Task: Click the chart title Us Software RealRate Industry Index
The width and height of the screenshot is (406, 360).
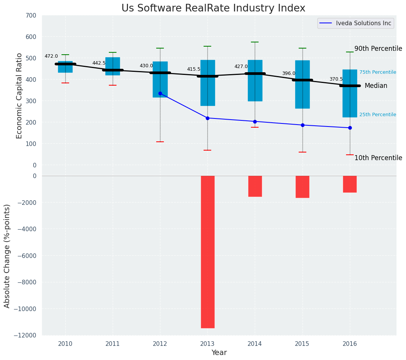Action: (x=213, y=8)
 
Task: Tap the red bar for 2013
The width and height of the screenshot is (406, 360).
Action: (x=207, y=252)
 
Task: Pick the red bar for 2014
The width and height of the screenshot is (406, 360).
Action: (x=255, y=186)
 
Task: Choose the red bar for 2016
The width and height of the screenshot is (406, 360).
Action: (x=349, y=184)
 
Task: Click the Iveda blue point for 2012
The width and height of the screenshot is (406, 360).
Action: (x=160, y=93)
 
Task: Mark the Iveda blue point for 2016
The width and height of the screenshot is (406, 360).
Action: (x=350, y=128)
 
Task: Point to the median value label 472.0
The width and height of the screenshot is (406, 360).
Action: (x=51, y=56)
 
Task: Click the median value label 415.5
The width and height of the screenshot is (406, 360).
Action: (x=194, y=69)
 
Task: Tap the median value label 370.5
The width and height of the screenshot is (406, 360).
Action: (x=336, y=79)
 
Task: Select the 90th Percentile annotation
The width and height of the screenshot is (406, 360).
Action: (x=378, y=49)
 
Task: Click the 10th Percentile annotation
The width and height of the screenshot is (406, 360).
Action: (x=378, y=158)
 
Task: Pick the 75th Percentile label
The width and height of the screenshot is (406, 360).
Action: (x=377, y=72)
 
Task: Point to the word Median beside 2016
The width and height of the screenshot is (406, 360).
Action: (x=376, y=86)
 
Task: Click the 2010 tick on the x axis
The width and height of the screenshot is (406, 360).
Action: (x=65, y=344)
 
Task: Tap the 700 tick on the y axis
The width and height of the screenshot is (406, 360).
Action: (x=31, y=16)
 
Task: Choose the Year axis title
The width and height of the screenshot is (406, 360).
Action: (x=219, y=353)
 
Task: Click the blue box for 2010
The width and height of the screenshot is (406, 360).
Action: (x=65, y=67)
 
